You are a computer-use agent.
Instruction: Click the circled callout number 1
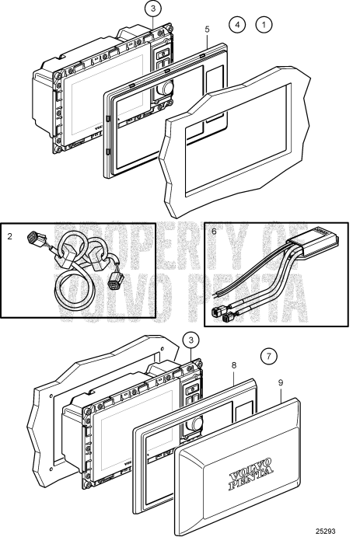click(x=266, y=25)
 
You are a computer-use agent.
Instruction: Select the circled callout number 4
click(x=239, y=25)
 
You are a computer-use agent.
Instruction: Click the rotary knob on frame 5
click(x=165, y=91)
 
